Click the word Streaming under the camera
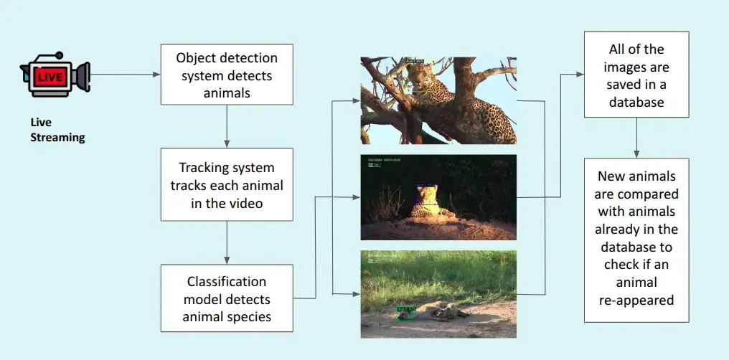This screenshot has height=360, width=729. pyautogui.click(x=57, y=138)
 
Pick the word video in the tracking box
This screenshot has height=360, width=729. pyautogui.click(x=253, y=204)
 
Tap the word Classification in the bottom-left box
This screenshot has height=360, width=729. pyautogui.click(x=227, y=281)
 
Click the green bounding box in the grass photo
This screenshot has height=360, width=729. pyautogui.click(x=405, y=312)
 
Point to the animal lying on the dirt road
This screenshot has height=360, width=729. pyautogui.click(x=441, y=310)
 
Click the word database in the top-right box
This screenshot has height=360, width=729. pyautogui.click(x=636, y=103)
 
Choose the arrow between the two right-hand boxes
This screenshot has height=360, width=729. pyautogui.click(x=636, y=138)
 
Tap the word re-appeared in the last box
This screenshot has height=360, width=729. pyautogui.click(x=636, y=300)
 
